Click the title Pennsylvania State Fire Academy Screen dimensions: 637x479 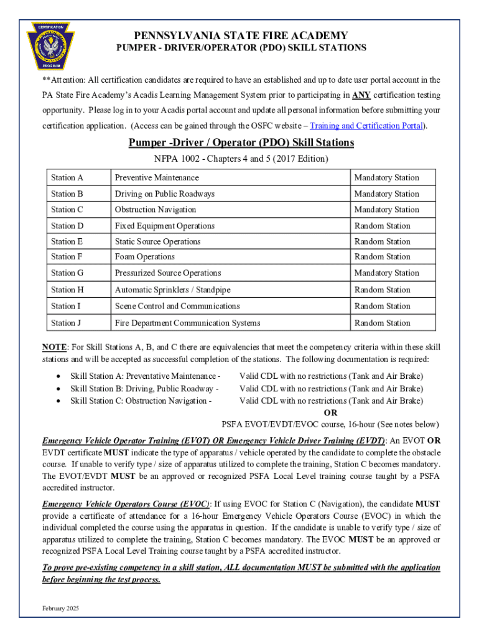click(x=241, y=35)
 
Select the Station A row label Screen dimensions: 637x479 click(x=67, y=178)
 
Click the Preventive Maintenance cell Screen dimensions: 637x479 click(x=157, y=178)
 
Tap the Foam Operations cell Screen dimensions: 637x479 click(x=144, y=257)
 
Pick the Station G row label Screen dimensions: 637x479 click(x=67, y=273)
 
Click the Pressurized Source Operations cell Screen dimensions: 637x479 click(x=168, y=273)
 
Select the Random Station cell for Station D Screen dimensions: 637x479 click(x=382, y=226)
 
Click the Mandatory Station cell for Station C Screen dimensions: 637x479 click(x=386, y=210)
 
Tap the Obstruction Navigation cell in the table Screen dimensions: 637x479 click(x=155, y=210)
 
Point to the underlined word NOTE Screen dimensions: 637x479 click(x=54, y=346)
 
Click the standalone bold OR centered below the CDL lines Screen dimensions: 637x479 click(x=331, y=412)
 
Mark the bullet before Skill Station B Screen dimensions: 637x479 click(x=58, y=389)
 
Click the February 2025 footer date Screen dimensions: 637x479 click(x=60, y=608)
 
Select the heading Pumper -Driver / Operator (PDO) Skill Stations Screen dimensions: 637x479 click(x=241, y=143)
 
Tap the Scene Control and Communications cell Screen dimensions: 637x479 click(x=177, y=306)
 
